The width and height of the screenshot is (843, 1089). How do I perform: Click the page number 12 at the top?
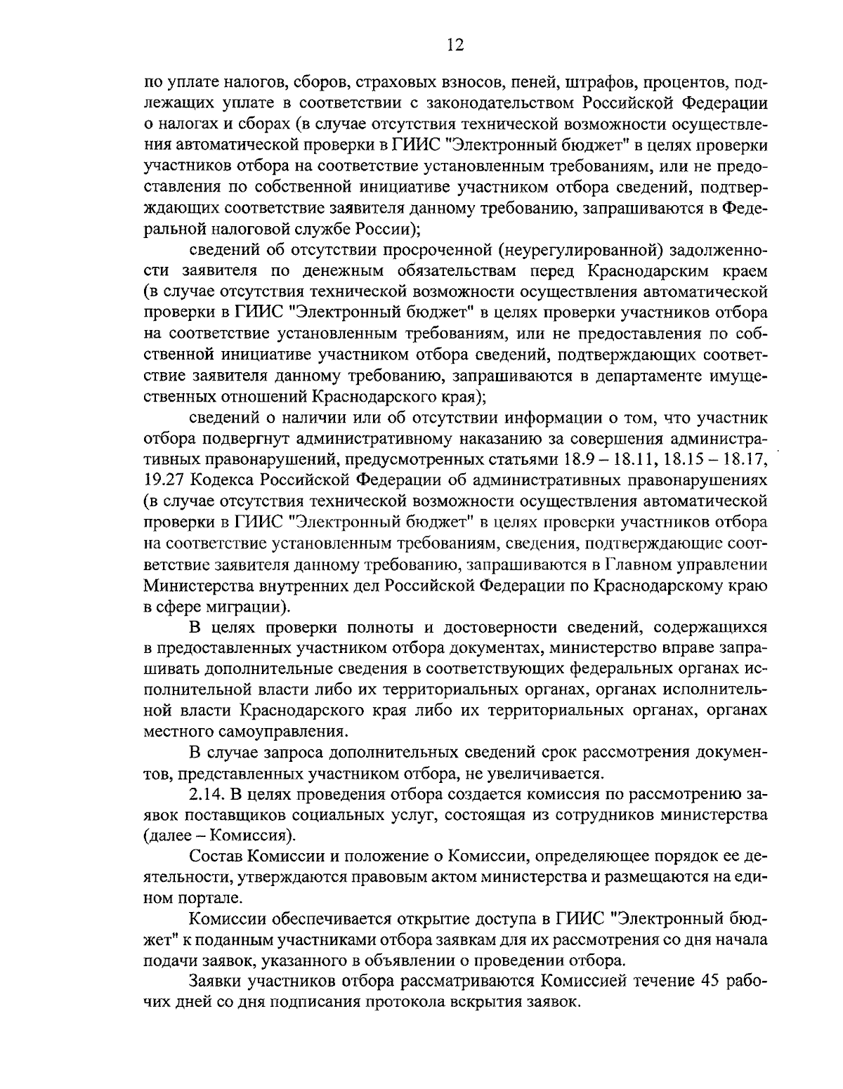455,46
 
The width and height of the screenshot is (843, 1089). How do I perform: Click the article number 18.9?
578,459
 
